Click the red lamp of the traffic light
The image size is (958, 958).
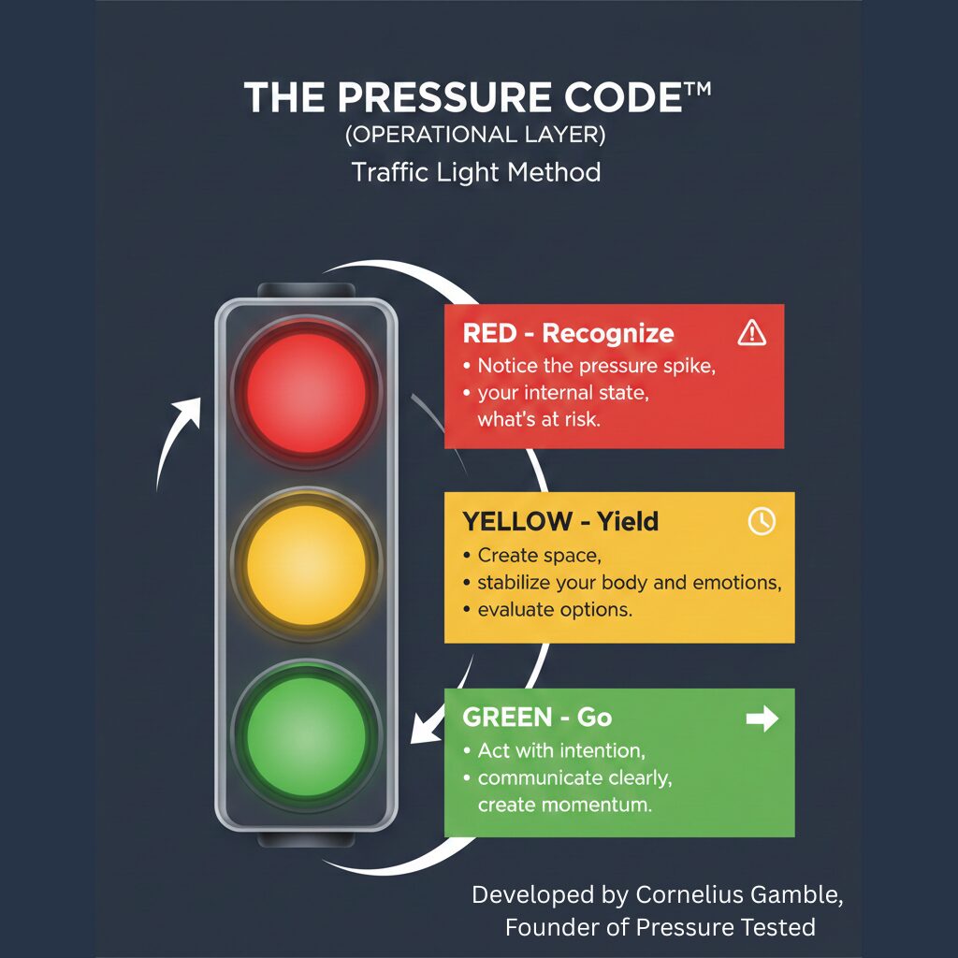pyautogui.click(x=306, y=392)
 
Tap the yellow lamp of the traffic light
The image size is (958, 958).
pyautogui.click(x=306, y=564)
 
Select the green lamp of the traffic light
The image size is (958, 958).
pyautogui.click(x=306, y=736)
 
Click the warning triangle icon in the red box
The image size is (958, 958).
pyautogui.click(x=751, y=333)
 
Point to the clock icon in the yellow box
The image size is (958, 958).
pyautogui.click(x=762, y=521)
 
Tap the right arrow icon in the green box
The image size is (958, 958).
pyautogui.click(x=762, y=718)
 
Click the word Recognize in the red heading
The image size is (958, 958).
pyautogui.click(x=608, y=334)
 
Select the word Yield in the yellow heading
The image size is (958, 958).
pyautogui.click(x=628, y=521)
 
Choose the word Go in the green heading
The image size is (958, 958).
pyautogui.click(x=594, y=718)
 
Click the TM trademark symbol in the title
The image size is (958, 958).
pyautogui.click(x=697, y=90)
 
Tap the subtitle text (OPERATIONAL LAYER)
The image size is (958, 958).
pyautogui.click(x=475, y=135)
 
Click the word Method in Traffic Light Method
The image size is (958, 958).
pyautogui.click(x=554, y=172)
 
